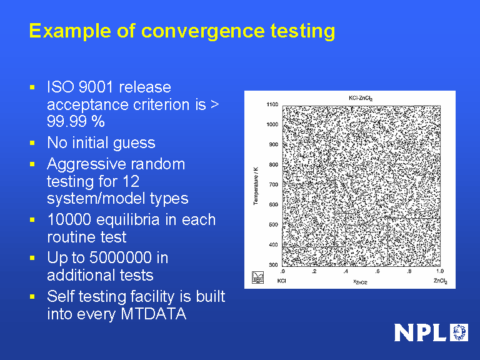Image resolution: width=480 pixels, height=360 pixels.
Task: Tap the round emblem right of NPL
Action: pyautogui.click(x=459, y=332)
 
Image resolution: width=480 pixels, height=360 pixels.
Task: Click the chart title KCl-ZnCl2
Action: pyautogui.click(x=361, y=98)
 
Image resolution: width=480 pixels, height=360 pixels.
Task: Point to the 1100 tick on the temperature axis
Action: pyautogui.click(x=272, y=104)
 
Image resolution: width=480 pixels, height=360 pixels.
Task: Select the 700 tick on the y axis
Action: pyautogui.click(x=273, y=184)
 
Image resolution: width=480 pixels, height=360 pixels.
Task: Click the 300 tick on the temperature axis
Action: pyautogui.click(x=273, y=265)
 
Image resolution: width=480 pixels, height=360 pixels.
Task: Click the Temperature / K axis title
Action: pyautogui.click(x=256, y=185)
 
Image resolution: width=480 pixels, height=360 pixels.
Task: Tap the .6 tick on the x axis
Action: pyautogui.click(x=377, y=272)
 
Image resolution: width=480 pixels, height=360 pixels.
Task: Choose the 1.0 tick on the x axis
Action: pyautogui.click(x=439, y=272)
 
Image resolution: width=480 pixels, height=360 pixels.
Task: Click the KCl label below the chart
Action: pyautogui.click(x=282, y=281)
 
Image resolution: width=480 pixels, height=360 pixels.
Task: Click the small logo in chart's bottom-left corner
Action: pyautogui.click(x=257, y=277)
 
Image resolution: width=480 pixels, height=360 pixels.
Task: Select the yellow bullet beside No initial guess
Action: pyautogui.click(x=33, y=143)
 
